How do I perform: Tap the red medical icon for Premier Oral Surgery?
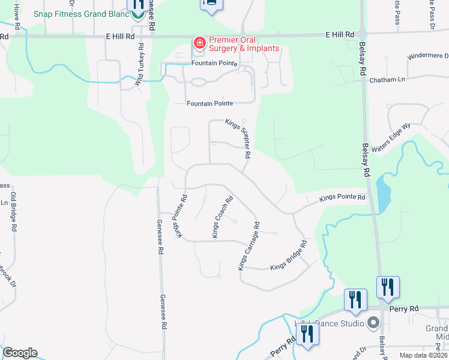click(199, 43)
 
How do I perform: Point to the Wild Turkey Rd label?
click(139, 64)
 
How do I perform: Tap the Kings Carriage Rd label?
click(249, 246)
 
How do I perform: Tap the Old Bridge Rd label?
click(13, 211)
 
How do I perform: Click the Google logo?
click(20, 353)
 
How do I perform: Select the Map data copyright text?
click(423, 355)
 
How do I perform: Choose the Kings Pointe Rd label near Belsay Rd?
click(342, 197)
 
